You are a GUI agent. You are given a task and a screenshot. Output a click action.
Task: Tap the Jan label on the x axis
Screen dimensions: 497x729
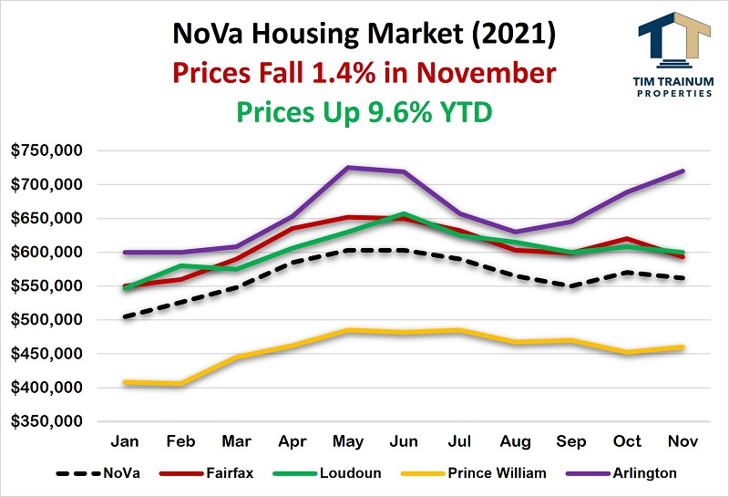tap(124, 440)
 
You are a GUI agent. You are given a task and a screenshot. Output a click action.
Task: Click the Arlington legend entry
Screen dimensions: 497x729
tap(635, 474)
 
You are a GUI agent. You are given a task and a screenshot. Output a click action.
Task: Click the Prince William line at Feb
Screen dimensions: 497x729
tap(180, 384)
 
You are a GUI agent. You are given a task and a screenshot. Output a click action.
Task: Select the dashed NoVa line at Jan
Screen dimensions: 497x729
tap(124, 317)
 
